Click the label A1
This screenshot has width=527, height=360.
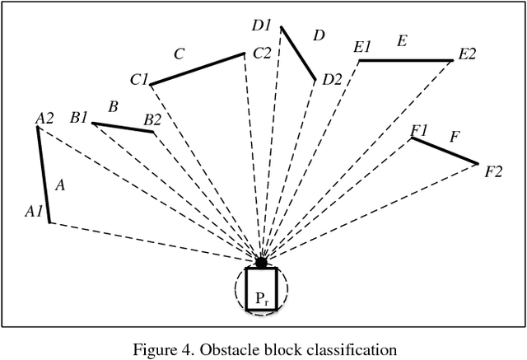[34, 212]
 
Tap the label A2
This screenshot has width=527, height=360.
[44, 119]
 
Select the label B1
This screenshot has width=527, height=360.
[79, 118]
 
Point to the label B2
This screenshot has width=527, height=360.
[153, 119]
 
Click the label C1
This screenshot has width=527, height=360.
[138, 80]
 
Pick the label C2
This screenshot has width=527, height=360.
[262, 53]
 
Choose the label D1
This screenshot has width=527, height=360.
[262, 25]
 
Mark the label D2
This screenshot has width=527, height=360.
[332, 79]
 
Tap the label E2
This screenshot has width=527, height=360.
[467, 54]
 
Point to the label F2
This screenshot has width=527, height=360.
[493, 171]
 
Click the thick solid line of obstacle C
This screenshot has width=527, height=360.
[197, 68]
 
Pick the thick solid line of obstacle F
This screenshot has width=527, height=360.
[445, 151]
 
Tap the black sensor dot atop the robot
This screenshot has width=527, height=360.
[262, 263]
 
